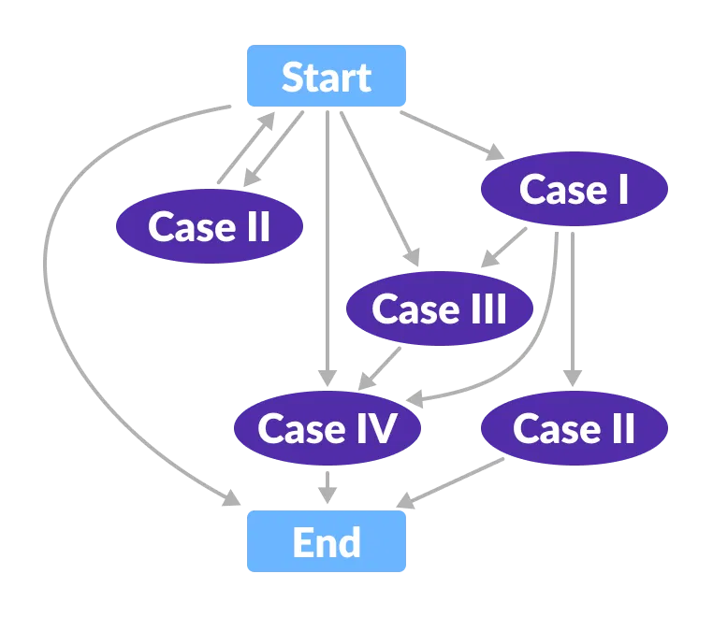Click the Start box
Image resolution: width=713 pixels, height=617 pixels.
click(327, 76)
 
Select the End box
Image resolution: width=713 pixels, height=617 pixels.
click(327, 541)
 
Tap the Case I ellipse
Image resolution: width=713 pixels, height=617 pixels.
click(574, 189)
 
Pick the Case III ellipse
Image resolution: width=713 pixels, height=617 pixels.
click(439, 308)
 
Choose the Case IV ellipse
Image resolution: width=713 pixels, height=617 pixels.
click(327, 428)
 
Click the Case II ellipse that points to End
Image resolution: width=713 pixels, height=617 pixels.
click(574, 428)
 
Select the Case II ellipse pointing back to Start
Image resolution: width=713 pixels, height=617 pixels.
click(209, 226)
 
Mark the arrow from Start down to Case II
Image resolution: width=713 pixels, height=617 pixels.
click(275, 148)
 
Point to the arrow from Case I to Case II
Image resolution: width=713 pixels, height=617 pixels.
click(572, 308)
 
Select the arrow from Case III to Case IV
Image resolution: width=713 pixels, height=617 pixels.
click(382, 367)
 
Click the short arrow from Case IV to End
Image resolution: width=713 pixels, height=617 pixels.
click(327, 485)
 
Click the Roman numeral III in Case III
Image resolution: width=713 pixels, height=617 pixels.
click(487, 308)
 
